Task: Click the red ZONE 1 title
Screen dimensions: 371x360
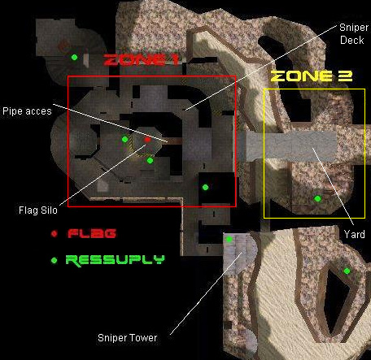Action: [141, 60]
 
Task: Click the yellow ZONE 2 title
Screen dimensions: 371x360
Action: [312, 76]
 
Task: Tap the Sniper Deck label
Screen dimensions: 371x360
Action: [354, 34]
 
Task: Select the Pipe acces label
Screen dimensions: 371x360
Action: [27, 111]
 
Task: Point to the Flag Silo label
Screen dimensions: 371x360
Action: [38, 210]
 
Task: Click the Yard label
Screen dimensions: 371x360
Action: [354, 234]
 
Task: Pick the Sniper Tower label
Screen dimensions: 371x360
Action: [127, 338]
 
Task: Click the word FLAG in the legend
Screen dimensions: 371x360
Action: [92, 233]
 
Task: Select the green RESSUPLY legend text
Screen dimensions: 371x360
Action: [115, 260]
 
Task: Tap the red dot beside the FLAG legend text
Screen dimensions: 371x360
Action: [55, 233]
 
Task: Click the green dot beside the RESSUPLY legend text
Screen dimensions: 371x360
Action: [55, 260]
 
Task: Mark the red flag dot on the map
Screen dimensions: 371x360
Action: [147, 140]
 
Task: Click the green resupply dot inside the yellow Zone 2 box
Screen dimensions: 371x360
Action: [317, 198]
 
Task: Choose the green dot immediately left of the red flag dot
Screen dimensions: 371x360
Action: [124, 139]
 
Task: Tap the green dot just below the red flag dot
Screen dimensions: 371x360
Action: [150, 161]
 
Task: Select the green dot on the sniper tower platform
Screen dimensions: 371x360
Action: [229, 239]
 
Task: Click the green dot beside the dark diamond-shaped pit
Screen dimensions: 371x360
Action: [347, 271]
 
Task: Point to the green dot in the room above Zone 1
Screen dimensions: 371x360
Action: [74, 57]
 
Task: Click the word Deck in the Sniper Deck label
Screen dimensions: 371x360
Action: [352, 40]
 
